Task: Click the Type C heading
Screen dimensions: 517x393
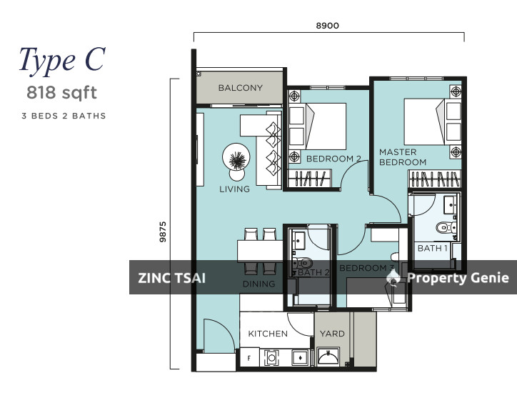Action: (x=62, y=60)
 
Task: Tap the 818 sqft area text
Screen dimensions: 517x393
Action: (x=62, y=92)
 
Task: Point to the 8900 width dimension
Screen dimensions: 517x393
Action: (x=328, y=26)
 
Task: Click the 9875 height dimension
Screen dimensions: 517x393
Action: (x=163, y=232)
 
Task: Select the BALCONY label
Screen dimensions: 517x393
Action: (x=241, y=88)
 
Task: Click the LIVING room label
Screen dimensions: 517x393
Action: (x=234, y=189)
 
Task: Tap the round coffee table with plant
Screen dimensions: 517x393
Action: (x=236, y=156)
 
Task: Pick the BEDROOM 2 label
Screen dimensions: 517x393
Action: (x=333, y=159)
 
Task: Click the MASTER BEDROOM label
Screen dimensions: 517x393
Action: (x=403, y=157)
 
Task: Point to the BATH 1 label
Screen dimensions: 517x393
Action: (x=433, y=248)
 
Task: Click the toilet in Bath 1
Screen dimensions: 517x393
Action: (x=446, y=227)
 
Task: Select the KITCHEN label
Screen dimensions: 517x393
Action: (x=268, y=334)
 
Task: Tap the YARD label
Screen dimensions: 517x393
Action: (x=332, y=334)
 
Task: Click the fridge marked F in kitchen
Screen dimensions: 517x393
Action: (x=249, y=357)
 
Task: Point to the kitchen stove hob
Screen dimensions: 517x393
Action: (x=271, y=358)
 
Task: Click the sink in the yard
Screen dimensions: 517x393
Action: (x=328, y=356)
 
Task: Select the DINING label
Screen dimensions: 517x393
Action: (x=258, y=284)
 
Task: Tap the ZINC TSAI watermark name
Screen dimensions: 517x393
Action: (x=172, y=278)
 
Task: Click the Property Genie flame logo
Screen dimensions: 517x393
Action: (x=393, y=277)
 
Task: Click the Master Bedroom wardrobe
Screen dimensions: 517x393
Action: (x=434, y=179)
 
